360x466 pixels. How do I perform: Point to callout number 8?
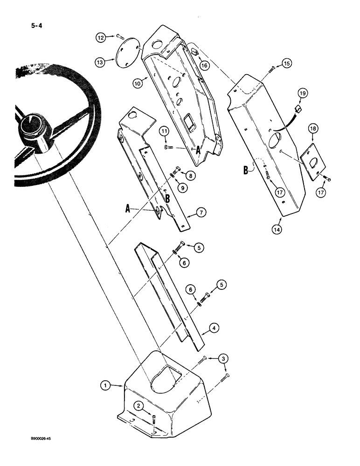[191, 176]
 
